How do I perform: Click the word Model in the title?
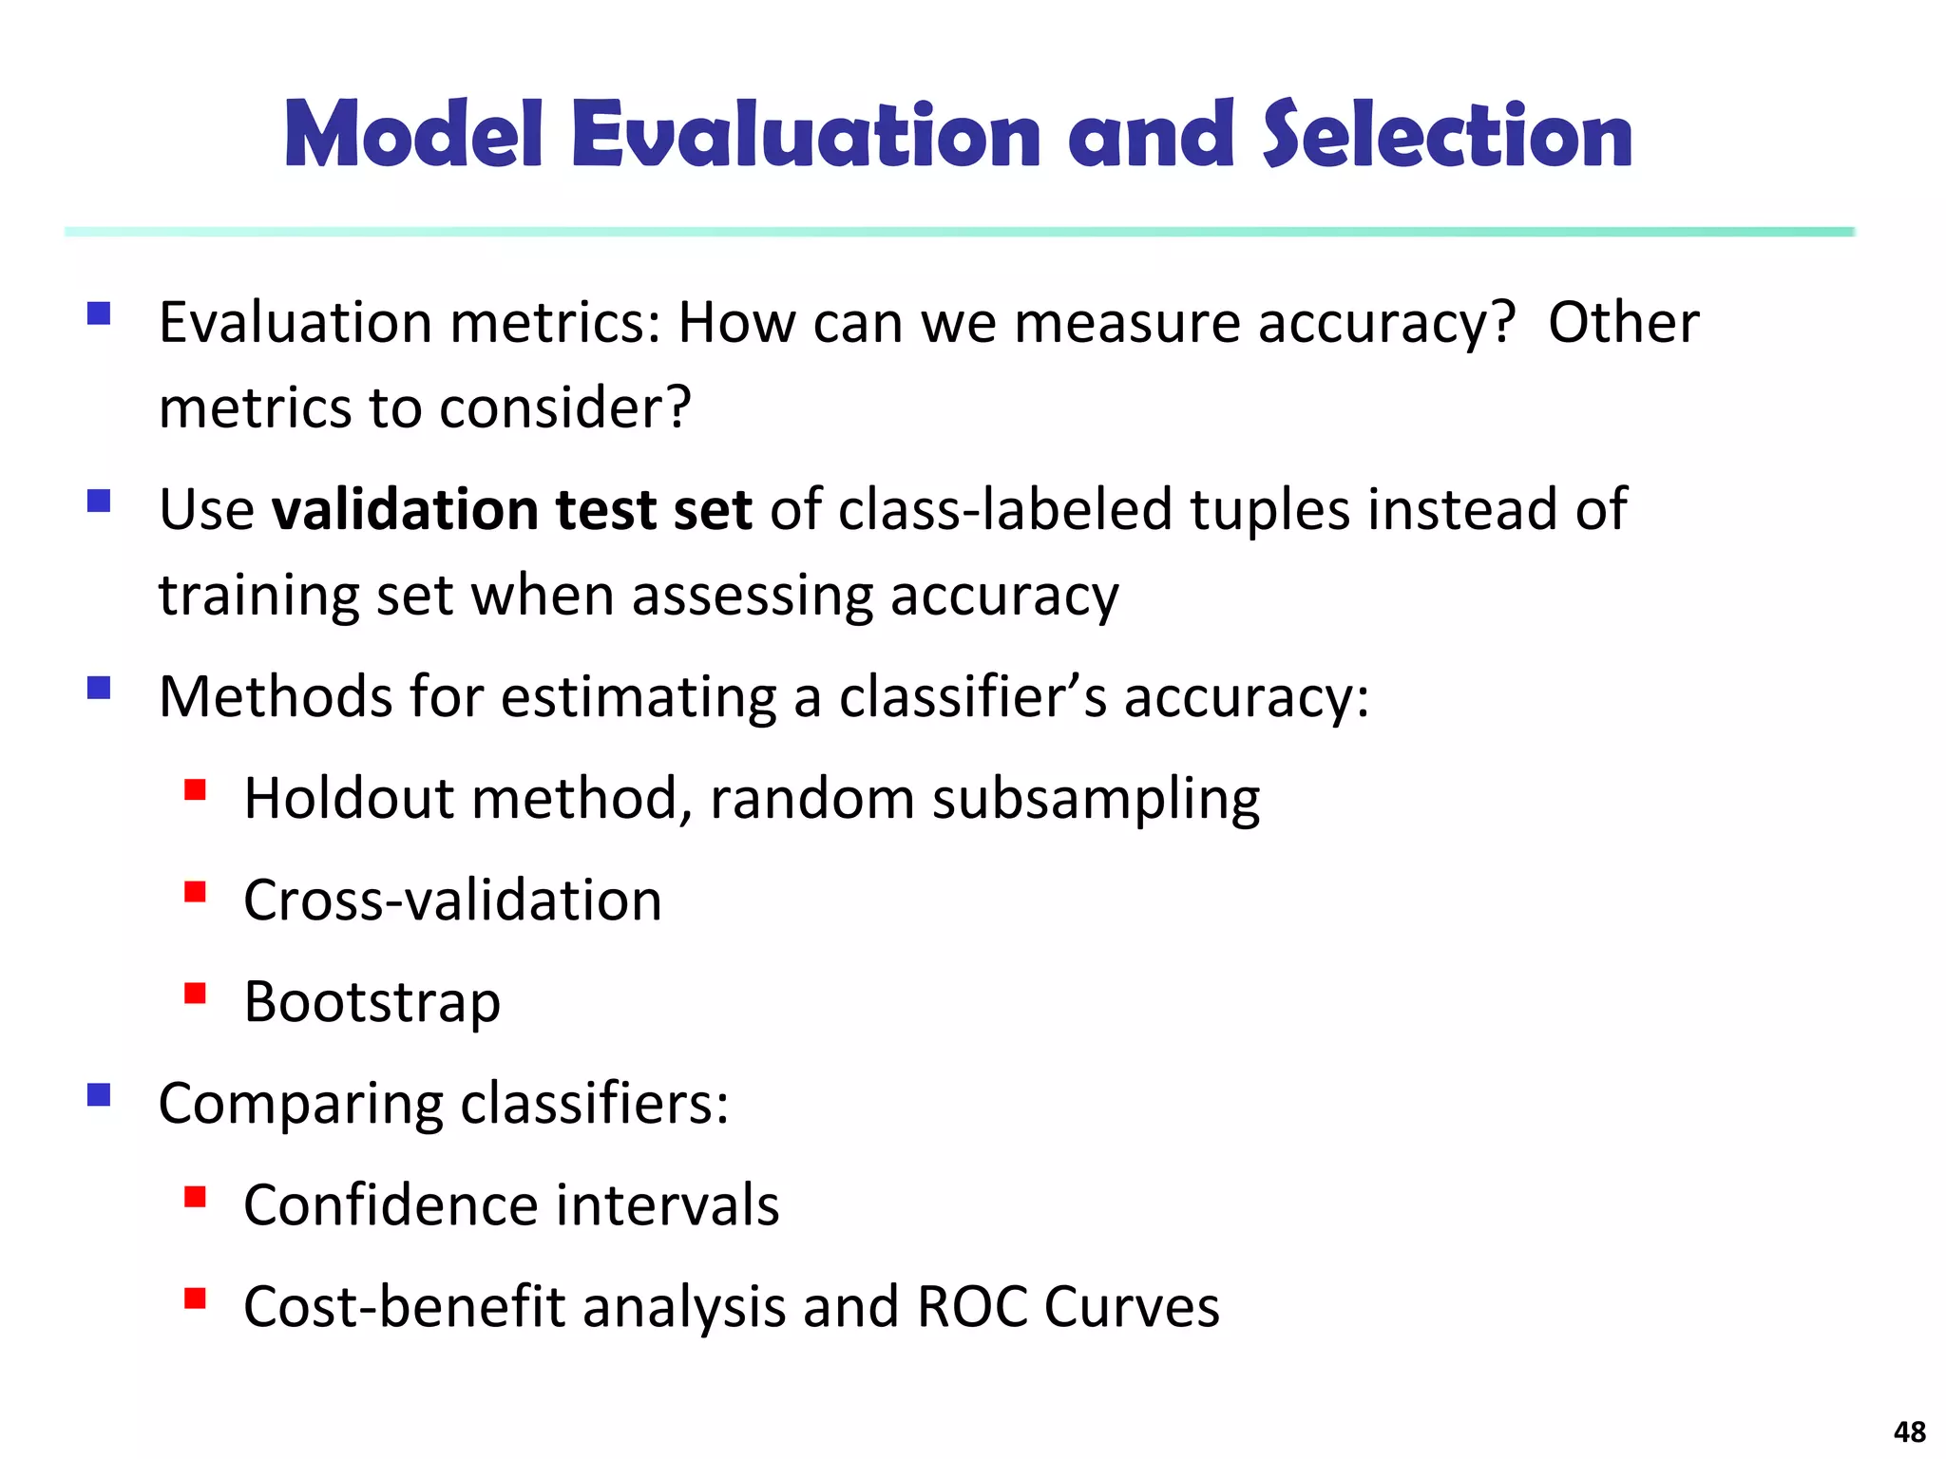point(413,135)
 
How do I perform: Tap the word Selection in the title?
point(1446,135)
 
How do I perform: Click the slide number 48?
point(1909,1431)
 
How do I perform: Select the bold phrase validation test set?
point(512,509)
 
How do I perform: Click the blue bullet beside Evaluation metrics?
point(99,313)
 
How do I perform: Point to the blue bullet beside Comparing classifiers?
point(99,1095)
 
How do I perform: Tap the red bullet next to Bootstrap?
point(196,994)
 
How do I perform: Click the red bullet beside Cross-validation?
point(196,892)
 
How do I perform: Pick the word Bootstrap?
point(372,1002)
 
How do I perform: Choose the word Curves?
point(1131,1307)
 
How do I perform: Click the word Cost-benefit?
point(405,1307)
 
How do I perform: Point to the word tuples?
point(1269,511)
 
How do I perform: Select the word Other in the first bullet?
point(1623,323)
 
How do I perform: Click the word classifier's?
point(973,696)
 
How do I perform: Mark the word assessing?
point(752,597)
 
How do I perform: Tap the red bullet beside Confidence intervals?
point(196,1197)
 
